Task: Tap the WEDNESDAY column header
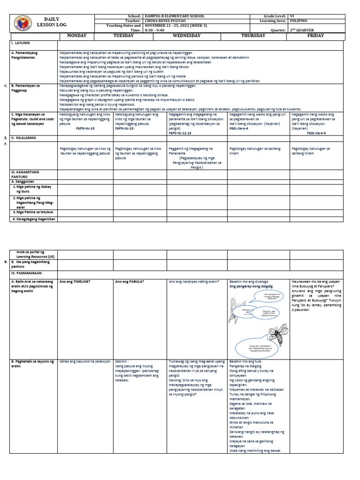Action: [x=197, y=36]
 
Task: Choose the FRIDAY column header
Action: [x=318, y=36]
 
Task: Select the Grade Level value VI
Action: [x=292, y=16]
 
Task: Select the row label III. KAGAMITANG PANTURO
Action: [x=25, y=174]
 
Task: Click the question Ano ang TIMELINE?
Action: [x=75, y=281]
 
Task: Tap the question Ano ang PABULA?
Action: [x=129, y=281]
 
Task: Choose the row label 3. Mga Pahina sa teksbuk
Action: [x=32, y=212]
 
